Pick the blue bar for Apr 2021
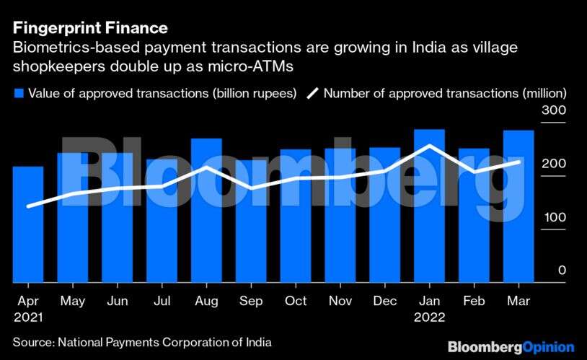[x=28, y=224]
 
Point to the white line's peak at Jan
[x=430, y=146]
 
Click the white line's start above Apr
[x=28, y=206]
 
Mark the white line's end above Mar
[x=518, y=162]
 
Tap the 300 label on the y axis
[x=556, y=111]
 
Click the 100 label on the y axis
[x=556, y=218]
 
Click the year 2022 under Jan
[x=430, y=317]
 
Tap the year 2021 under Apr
[x=28, y=317]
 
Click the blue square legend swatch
[x=19, y=93]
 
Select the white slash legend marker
[x=313, y=93]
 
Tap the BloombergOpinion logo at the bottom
[x=511, y=347]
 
